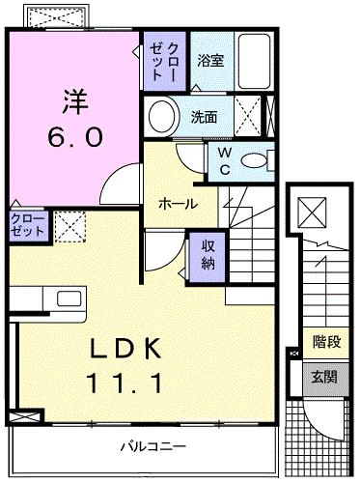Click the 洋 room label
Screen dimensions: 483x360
pos(75,100)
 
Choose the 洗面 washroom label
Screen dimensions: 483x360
pos(204,118)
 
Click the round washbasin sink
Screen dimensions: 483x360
pos(160,117)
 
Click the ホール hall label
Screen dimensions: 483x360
pos(178,204)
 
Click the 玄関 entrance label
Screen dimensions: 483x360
pos(325,376)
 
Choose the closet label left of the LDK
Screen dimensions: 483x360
pos(27,226)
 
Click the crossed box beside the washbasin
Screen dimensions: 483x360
pos(248,118)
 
